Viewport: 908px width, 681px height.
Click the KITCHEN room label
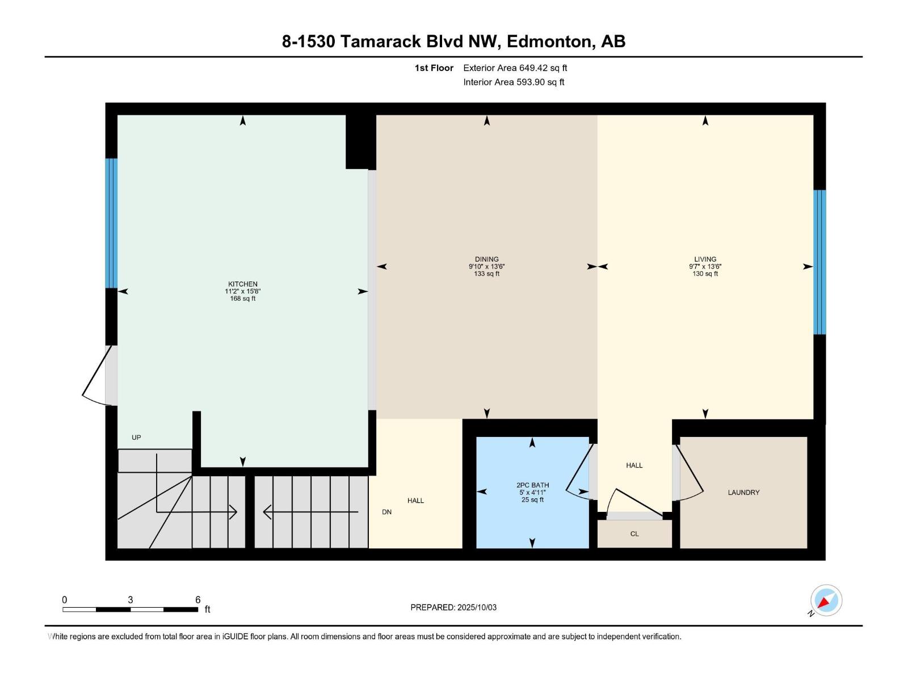(242, 284)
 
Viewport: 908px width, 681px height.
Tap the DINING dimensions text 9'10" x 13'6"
(486, 266)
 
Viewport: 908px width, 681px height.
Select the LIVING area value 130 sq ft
(705, 274)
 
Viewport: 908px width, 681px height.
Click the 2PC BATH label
(532, 485)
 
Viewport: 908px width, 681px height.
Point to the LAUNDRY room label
(743, 493)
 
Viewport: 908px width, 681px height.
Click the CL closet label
(634, 534)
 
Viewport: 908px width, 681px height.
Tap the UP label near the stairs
(136, 438)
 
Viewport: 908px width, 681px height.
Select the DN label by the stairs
(386, 512)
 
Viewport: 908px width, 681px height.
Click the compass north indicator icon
(826, 600)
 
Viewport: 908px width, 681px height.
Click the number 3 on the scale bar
(131, 600)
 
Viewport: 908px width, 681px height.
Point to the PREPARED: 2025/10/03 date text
(453, 607)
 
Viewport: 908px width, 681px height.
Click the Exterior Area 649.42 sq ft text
(515, 68)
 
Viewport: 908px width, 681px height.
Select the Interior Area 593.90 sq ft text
(514, 82)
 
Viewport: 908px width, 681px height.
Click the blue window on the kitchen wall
(111, 223)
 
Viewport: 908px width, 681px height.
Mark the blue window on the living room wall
(819, 262)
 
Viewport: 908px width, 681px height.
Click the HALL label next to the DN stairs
(415, 501)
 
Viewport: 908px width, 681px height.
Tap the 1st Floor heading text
(434, 68)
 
